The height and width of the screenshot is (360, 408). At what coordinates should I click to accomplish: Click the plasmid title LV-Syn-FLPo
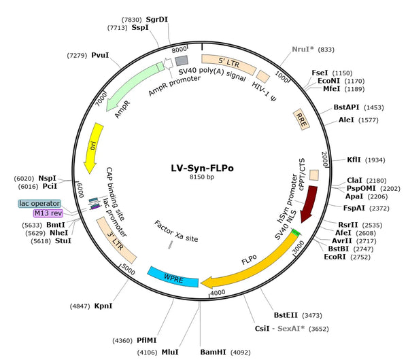point(202,168)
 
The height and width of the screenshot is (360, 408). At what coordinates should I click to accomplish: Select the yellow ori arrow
point(95,147)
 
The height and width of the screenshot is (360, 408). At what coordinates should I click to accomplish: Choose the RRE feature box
point(301,120)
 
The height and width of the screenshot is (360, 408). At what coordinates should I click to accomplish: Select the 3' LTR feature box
point(116,240)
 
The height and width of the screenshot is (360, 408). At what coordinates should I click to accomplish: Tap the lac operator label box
point(39,203)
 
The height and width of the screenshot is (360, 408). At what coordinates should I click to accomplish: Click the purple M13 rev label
point(48,213)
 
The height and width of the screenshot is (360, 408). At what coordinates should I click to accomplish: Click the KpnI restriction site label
point(103,306)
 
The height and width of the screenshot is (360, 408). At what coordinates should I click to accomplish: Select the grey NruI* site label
point(303,49)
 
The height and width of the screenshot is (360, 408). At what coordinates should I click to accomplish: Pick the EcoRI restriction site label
point(335,257)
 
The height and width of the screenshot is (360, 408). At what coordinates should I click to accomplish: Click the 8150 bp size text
point(202,177)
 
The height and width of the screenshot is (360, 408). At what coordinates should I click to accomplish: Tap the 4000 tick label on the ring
point(218,293)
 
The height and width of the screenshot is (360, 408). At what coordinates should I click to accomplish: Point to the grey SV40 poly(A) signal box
point(182,61)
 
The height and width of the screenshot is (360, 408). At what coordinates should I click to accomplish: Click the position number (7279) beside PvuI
point(77,56)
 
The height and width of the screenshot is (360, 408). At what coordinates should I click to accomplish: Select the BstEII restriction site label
point(286,315)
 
